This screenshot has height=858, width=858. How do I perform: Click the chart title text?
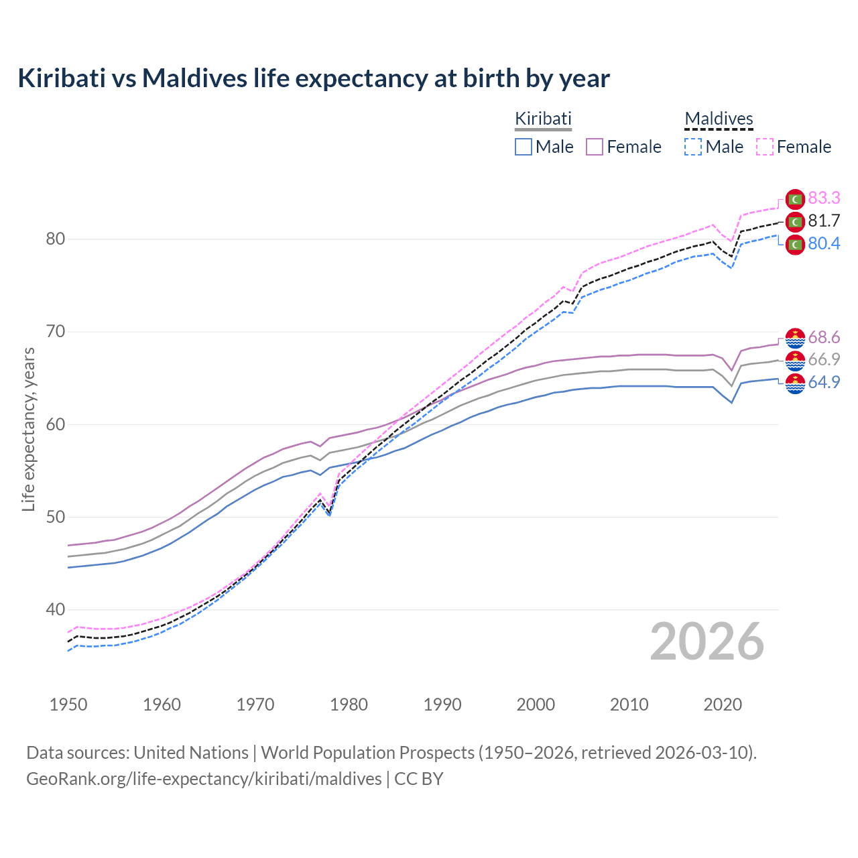(x=313, y=78)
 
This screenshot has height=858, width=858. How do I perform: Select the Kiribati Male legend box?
(x=524, y=147)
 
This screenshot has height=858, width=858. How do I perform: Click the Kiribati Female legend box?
(x=595, y=147)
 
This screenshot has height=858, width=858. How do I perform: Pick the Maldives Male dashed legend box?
(x=693, y=147)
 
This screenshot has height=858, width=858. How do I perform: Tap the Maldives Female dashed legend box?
(x=765, y=147)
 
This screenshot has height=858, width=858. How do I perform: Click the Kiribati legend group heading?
(x=543, y=119)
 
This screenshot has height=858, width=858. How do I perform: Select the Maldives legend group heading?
(x=719, y=119)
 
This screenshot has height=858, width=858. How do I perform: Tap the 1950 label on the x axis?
(x=68, y=704)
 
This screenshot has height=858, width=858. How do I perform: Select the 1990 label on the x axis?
(x=442, y=704)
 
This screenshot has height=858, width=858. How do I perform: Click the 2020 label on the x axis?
(x=723, y=704)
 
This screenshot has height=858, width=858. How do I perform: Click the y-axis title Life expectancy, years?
(x=28, y=429)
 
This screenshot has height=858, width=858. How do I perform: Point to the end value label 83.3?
(x=824, y=198)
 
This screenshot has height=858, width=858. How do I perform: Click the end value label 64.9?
(x=824, y=382)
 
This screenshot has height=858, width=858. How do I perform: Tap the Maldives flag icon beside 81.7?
(x=795, y=221)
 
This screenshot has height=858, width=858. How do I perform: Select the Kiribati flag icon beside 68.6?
(x=795, y=338)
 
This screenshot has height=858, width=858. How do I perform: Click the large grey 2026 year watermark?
(x=707, y=641)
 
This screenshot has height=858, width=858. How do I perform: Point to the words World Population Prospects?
(x=367, y=753)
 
